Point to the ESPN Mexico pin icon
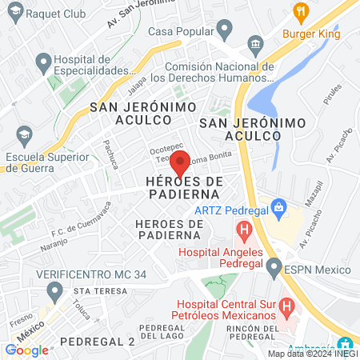[274, 267]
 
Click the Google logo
[26, 349]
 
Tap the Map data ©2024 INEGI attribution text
[312, 354]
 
